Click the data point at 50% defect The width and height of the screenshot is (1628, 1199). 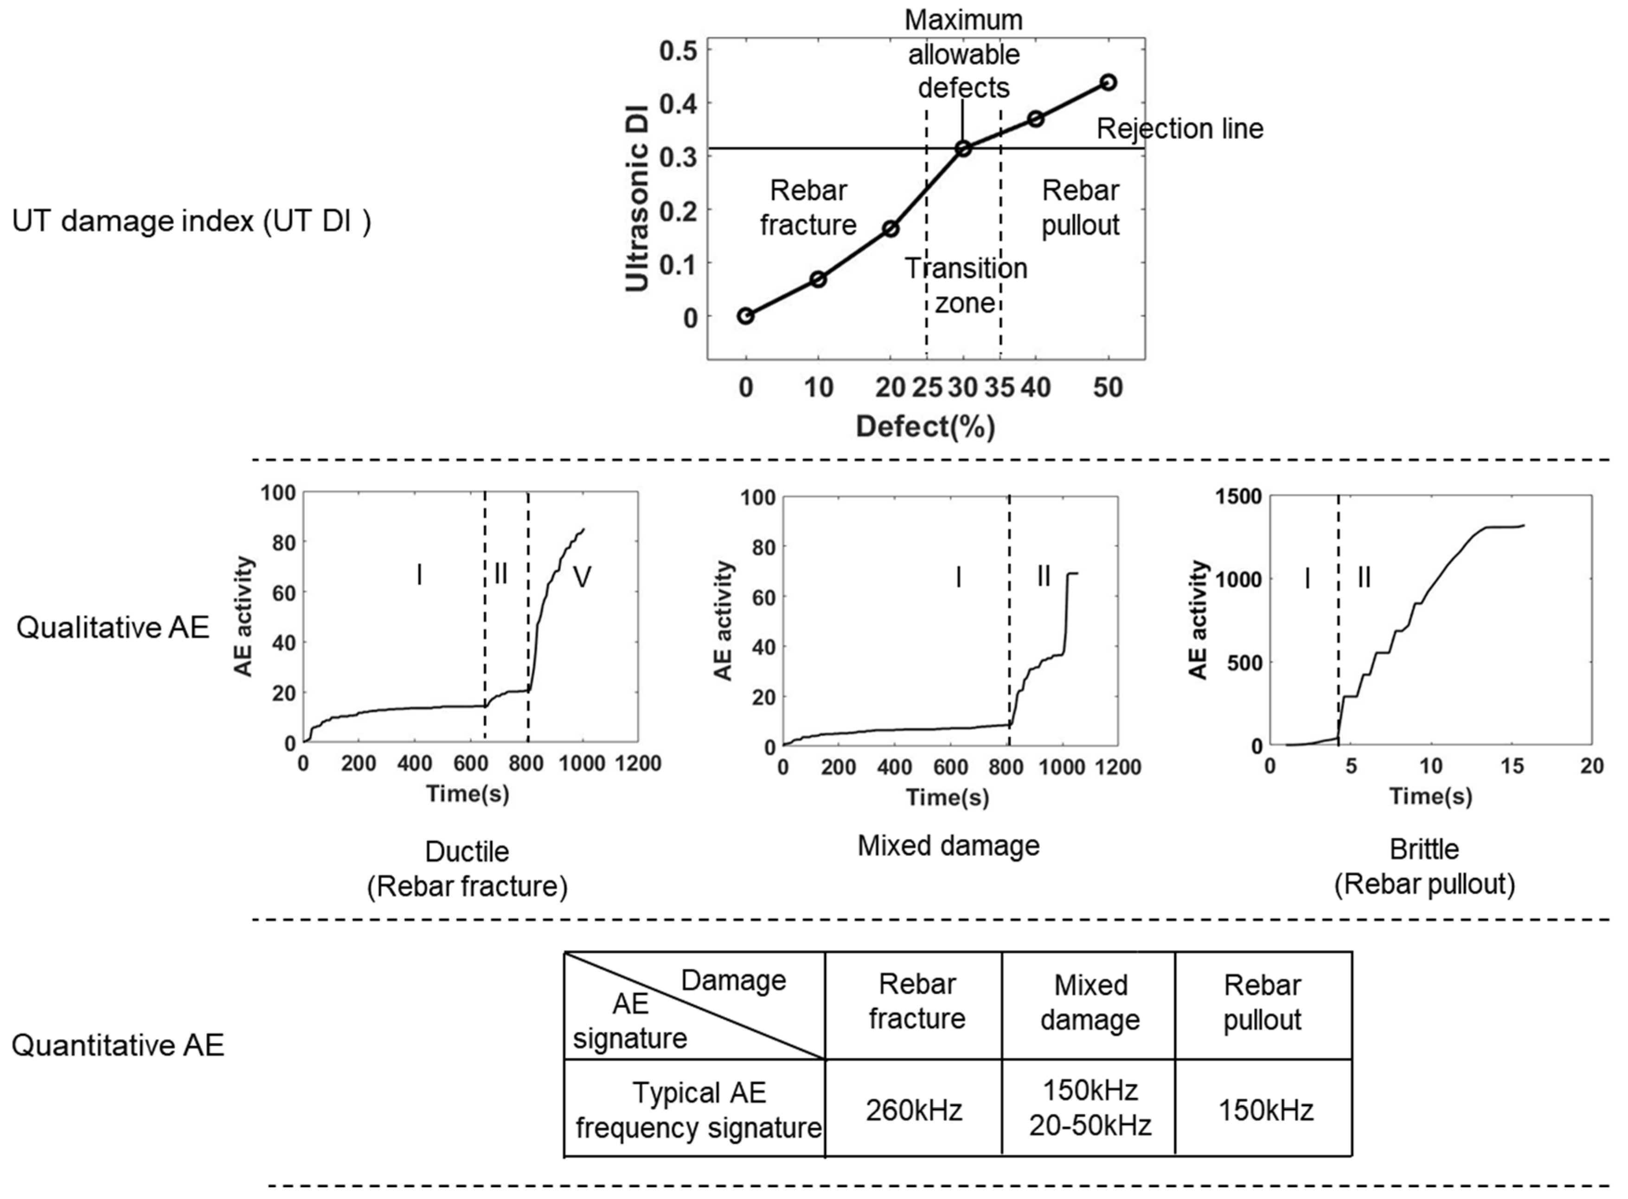tap(1107, 83)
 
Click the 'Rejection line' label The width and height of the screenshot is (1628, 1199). tap(1179, 128)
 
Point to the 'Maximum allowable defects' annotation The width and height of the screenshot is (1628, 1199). tap(964, 54)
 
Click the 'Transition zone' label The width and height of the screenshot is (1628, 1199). tap(965, 285)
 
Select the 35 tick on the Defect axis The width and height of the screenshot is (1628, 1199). tap(999, 388)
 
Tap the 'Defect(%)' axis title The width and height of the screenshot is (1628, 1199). tap(925, 426)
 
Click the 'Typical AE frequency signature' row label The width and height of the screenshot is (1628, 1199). tap(698, 1110)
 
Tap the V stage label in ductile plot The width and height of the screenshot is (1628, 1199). tap(582, 577)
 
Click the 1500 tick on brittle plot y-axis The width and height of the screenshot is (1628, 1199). tap(1239, 497)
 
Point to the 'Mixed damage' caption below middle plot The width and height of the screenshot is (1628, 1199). tap(949, 846)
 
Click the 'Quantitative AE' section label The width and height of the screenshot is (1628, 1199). tap(118, 1045)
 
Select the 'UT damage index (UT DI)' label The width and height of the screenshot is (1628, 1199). tap(191, 221)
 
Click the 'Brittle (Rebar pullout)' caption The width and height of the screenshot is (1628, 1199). tap(1424, 867)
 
